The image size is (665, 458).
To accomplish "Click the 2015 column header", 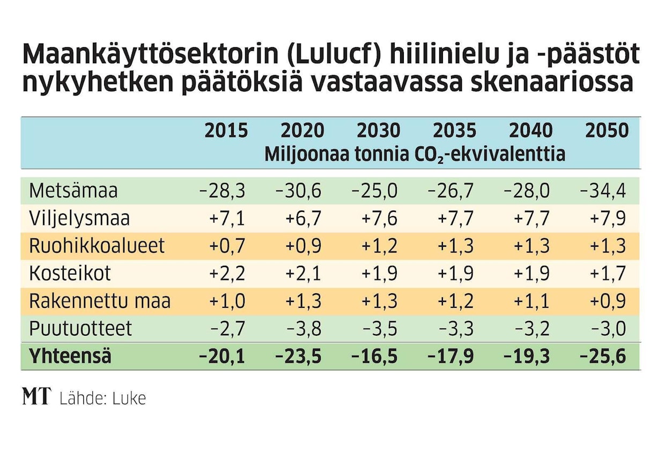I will (x=226, y=131).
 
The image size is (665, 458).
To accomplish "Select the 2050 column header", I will (x=607, y=131).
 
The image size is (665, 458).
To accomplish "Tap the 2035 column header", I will (x=454, y=131).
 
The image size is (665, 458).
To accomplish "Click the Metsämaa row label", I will (x=73, y=191).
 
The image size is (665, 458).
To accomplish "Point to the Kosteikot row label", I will (x=70, y=274).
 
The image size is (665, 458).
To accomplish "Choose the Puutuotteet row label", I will (x=80, y=328).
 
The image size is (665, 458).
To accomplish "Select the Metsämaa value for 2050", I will (x=603, y=191).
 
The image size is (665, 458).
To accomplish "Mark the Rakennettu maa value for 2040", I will (x=531, y=301).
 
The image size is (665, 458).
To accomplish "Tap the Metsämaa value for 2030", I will (x=374, y=191).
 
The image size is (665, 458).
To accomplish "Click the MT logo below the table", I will (x=36, y=397).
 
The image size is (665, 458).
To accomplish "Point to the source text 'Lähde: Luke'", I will (x=102, y=398).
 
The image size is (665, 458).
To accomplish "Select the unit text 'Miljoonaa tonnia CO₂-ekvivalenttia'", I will (x=415, y=154).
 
